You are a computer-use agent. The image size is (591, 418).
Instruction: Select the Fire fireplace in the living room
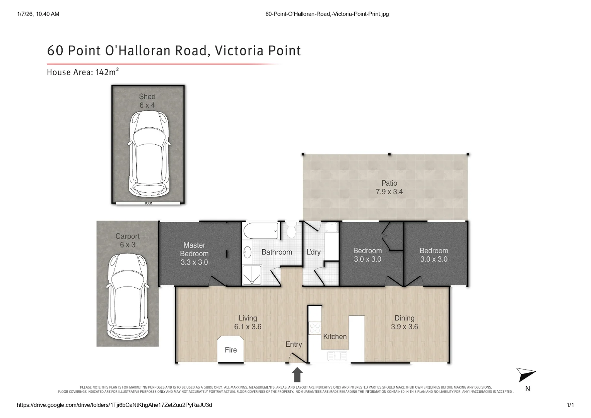click(x=231, y=349)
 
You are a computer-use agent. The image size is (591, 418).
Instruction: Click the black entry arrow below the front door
click(x=297, y=375)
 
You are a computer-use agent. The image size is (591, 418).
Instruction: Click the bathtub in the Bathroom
click(x=261, y=231)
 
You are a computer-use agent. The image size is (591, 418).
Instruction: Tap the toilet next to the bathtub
click(x=291, y=231)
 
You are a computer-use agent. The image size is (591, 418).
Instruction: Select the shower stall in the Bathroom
click(x=252, y=275)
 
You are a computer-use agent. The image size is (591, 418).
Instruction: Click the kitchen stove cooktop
click(x=315, y=328)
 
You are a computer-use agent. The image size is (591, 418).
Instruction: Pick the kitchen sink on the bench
click(x=337, y=356)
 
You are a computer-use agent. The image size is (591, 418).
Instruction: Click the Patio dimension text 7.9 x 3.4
click(x=389, y=192)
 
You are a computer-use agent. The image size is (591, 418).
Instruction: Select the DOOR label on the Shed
click(x=149, y=203)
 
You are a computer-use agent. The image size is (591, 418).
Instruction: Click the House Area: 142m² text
click(x=83, y=72)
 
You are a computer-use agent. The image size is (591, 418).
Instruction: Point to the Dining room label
click(x=404, y=318)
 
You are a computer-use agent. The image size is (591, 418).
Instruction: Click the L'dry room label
click(x=313, y=252)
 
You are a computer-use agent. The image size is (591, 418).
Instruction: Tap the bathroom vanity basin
click(x=248, y=253)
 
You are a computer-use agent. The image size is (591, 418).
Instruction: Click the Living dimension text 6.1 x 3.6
click(x=248, y=327)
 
